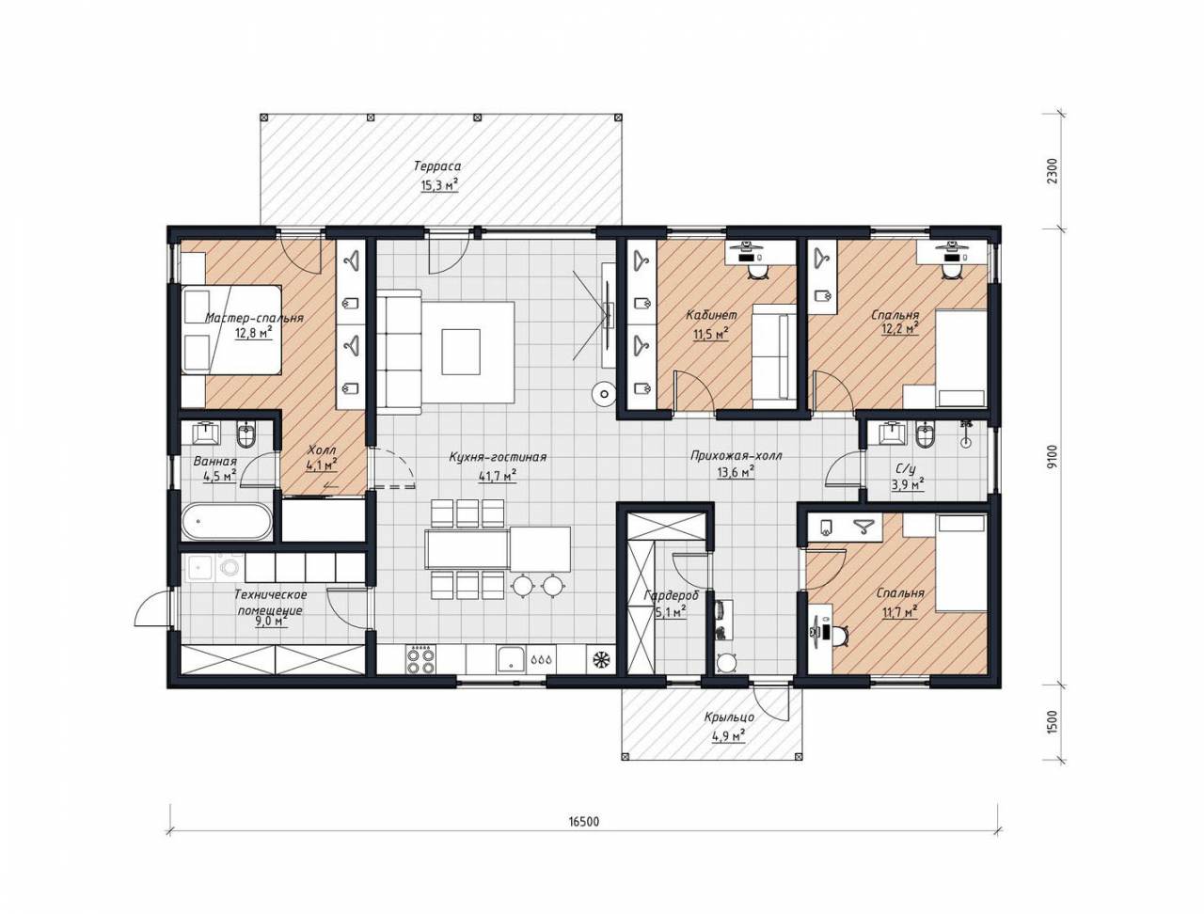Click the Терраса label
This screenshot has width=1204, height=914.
437,165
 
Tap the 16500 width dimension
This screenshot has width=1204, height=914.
583,837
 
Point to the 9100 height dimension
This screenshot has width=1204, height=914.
1051,456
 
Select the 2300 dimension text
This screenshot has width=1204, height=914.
1051,171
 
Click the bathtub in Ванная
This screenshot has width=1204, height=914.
227,521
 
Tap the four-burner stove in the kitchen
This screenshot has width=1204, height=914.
420,659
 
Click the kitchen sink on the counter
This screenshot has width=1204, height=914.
511,659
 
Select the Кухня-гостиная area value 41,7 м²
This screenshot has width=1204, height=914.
498,476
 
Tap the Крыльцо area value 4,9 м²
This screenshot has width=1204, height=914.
728,735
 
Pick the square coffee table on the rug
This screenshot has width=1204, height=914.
461,351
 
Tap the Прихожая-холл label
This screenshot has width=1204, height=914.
737,456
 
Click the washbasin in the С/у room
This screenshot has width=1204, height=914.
892,433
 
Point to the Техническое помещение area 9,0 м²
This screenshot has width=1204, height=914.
273,621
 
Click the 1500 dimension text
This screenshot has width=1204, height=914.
1051,723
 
